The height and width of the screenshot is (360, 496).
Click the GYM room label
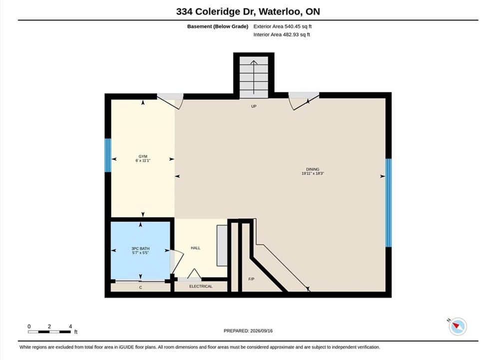(x=143, y=156)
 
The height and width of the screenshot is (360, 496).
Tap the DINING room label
(x=313, y=169)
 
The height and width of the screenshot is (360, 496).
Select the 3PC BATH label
(x=140, y=248)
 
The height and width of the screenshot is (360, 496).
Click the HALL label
(x=195, y=248)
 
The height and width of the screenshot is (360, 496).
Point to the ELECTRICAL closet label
(x=201, y=286)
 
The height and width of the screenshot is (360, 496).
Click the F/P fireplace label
(x=251, y=279)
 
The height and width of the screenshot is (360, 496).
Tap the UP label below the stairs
(x=254, y=106)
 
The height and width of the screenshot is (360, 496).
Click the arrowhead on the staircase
(x=254, y=62)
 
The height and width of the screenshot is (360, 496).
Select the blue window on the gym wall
(x=108, y=155)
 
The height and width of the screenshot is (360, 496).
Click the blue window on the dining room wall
(x=388, y=202)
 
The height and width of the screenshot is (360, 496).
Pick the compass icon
(x=458, y=326)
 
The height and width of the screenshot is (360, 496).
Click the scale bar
(x=49, y=332)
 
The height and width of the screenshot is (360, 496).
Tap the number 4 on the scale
(x=70, y=326)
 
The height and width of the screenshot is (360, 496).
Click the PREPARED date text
(x=248, y=331)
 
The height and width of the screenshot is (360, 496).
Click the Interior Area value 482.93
(x=290, y=34)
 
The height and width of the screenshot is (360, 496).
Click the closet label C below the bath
(x=141, y=287)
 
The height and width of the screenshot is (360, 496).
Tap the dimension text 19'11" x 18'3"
(x=313, y=173)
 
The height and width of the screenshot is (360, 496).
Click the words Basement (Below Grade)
(x=218, y=26)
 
